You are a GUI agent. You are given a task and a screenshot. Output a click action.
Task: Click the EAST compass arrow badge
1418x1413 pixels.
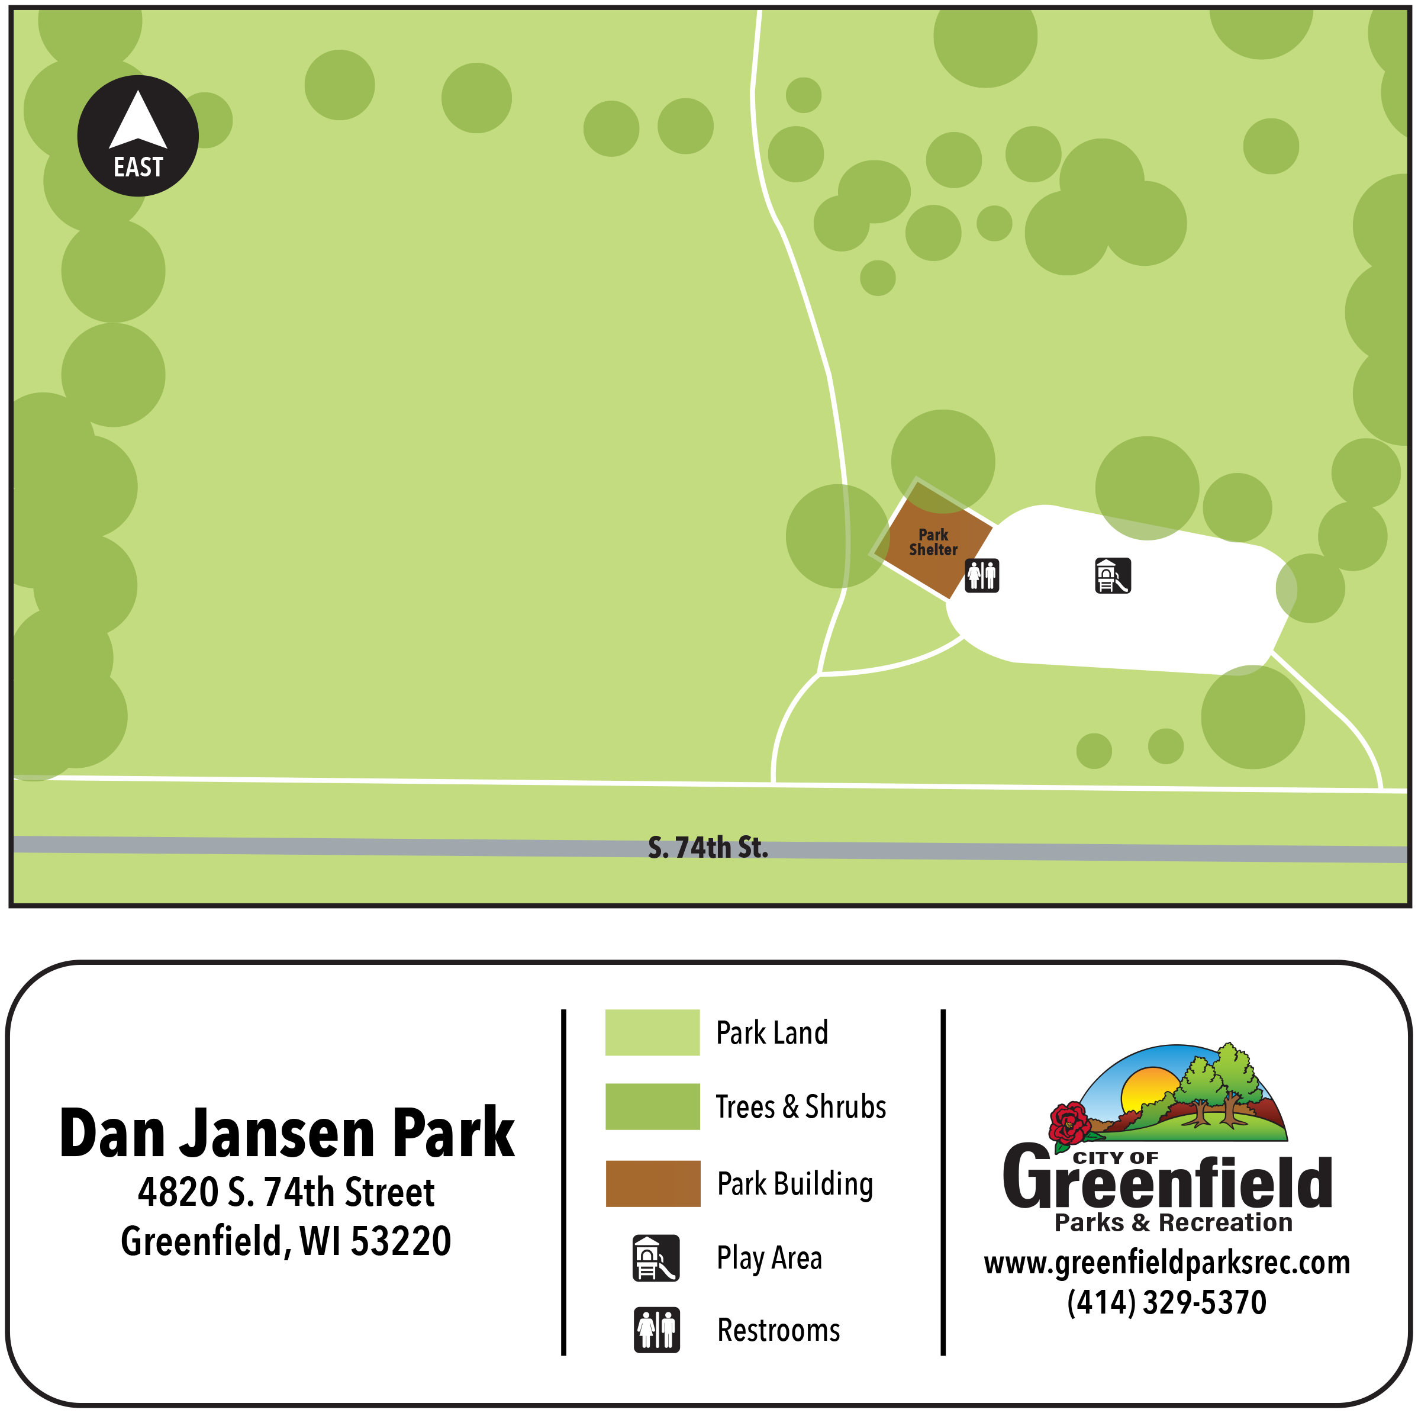[138, 136]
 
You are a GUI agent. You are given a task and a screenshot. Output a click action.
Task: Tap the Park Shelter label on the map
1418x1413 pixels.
[933, 542]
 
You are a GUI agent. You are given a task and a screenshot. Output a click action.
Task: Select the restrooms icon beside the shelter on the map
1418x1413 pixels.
[981, 575]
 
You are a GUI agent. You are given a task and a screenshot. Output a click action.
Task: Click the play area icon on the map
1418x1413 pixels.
[1113, 575]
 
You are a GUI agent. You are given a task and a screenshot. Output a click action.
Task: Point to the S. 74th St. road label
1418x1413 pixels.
[708, 848]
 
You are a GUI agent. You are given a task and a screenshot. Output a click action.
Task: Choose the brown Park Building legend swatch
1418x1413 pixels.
[653, 1183]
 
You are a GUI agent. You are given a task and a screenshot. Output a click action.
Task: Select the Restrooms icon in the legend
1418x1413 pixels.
[656, 1330]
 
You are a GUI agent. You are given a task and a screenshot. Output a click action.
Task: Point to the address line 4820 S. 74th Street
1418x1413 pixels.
[286, 1192]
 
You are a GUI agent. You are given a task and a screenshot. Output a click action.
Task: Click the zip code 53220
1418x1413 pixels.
[401, 1241]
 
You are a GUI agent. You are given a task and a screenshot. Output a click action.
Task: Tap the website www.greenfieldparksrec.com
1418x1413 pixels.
[1167, 1263]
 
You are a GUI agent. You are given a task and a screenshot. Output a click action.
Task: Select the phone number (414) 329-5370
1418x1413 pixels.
[1167, 1302]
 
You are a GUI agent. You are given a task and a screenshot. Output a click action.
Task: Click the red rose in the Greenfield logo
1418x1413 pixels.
[1069, 1123]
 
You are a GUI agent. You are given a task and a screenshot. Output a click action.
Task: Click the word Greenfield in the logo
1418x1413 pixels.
[1167, 1182]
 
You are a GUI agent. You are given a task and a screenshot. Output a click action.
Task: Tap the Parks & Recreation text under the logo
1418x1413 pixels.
[1174, 1223]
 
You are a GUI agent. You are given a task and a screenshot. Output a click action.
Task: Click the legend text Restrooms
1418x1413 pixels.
[778, 1330]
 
